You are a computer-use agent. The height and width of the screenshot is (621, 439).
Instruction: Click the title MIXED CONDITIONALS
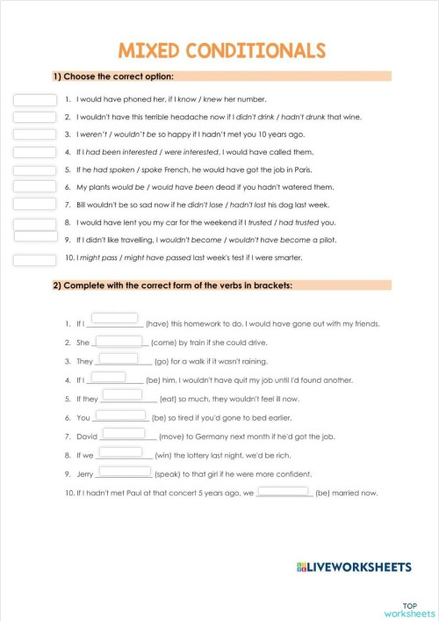pyautogui.click(x=220, y=50)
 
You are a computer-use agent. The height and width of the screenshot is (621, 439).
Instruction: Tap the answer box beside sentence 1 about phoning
pyautogui.click(x=34, y=99)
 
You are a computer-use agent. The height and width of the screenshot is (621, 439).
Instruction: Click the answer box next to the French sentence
pyautogui.click(x=34, y=170)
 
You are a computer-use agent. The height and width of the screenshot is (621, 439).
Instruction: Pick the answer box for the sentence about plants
pyautogui.click(x=34, y=187)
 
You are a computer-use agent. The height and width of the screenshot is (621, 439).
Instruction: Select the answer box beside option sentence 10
pyautogui.click(x=34, y=259)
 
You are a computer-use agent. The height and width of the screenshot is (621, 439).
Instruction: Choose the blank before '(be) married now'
pyautogui.click(x=284, y=493)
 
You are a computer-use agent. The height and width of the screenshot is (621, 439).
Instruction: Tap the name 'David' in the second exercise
pyautogui.click(x=86, y=437)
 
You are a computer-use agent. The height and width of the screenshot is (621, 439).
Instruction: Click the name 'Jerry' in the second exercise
pyautogui.click(x=85, y=474)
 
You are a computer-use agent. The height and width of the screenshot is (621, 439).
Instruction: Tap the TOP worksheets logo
pyautogui.click(x=409, y=608)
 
